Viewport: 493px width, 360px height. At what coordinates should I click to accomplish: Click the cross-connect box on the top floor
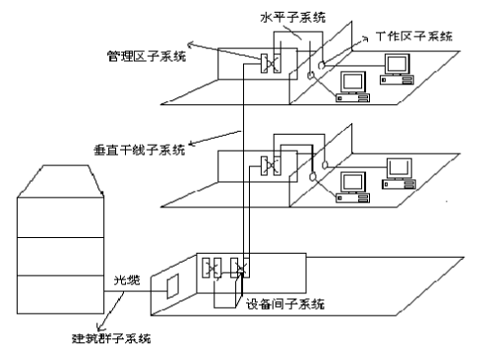[x=268, y=63]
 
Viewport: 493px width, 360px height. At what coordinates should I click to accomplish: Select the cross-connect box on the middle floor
[x=266, y=164]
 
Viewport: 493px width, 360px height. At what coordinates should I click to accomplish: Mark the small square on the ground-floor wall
[x=173, y=287]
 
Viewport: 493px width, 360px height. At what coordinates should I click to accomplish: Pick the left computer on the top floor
[x=350, y=85]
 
